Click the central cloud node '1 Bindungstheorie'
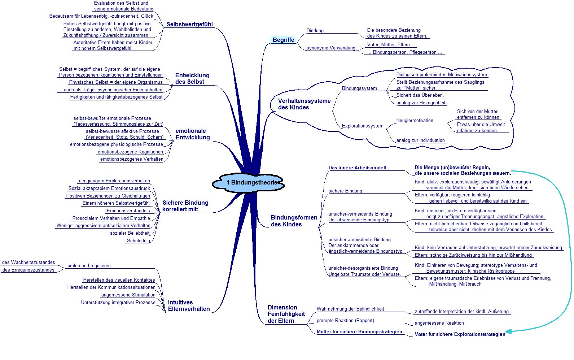tap(248, 183)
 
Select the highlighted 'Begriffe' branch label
tap(283, 40)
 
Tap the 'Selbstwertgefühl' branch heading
tap(190, 24)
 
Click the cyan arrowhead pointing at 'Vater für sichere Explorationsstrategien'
tap(508, 331)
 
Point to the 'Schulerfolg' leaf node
tap(139, 240)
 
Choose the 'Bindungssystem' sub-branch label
tap(359, 88)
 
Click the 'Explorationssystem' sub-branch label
tap(363, 126)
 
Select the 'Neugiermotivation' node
tap(415, 120)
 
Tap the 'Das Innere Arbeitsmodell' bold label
tap(357, 168)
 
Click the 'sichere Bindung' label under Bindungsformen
tap(345, 191)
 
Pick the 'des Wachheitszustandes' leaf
tap(29, 262)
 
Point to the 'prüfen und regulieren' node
tap(89, 266)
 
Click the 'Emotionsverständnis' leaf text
tap(128, 211)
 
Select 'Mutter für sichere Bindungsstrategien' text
tap(359, 331)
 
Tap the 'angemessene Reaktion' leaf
tap(439, 323)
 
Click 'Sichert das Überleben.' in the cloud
tap(420, 95)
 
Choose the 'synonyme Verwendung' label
tap(331, 48)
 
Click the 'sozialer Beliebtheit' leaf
tap(130, 233)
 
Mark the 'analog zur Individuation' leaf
tap(421, 140)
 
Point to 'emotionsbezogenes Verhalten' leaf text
tap(132, 159)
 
